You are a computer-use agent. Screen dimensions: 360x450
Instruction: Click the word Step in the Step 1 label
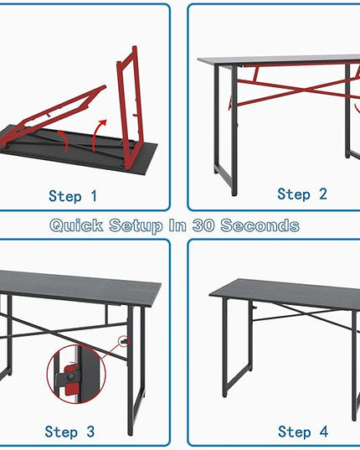tap(65, 197)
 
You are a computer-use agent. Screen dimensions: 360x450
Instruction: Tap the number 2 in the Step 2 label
tap(322, 194)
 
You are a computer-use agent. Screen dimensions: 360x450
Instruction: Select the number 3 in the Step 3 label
tap(90, 432)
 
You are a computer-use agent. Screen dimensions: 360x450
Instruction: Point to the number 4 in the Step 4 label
tap(324, 432)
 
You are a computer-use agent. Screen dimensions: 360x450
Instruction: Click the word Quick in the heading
tap(76, 225)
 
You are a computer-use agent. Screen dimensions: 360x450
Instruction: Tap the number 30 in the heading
tap(203, 225)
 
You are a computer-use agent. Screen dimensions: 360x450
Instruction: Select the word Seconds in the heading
tap(260, 225)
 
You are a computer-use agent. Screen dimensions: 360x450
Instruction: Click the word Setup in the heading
tap(136, 226)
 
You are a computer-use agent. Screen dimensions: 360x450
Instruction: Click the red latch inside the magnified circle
tap(70, 377)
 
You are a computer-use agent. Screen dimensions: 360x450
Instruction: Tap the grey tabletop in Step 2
tap(278, 60)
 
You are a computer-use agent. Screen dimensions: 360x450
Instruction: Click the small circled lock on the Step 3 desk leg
tap(124, 341)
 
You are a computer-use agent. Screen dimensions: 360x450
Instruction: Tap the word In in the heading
tap(177, 225)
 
